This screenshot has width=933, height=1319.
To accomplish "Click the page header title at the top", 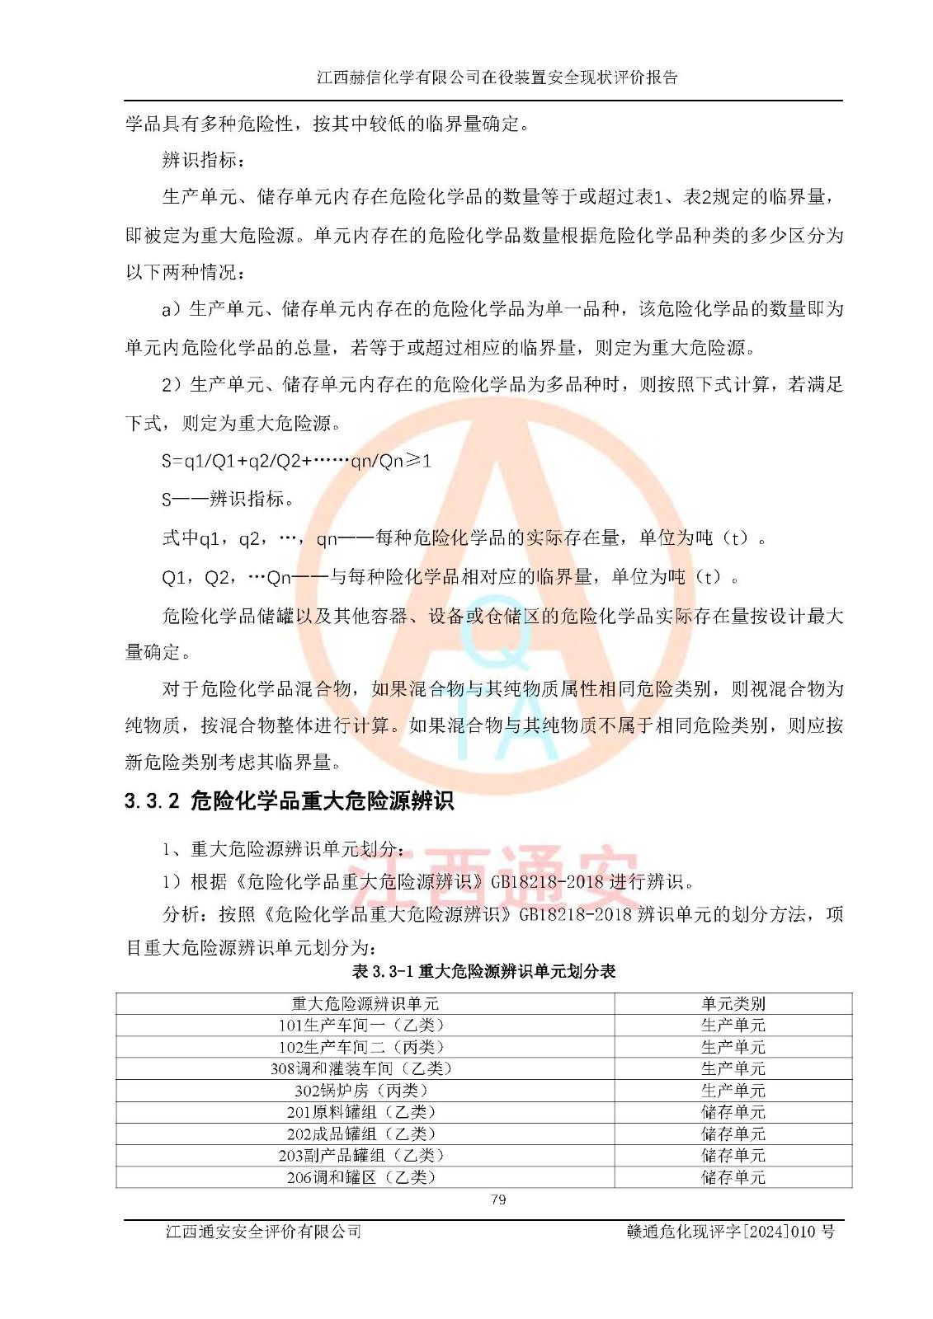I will [x=497, y=77].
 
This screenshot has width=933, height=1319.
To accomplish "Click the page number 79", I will [x=498, y=1199].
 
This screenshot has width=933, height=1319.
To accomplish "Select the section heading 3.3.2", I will [x=289, y=800].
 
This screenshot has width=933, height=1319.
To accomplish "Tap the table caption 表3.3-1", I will [x=483, y=971].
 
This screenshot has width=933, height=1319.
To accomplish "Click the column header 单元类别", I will [x=733, y=1003].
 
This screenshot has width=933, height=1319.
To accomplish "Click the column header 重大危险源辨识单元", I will [x=365, y=1003].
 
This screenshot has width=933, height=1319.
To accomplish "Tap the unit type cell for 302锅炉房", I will [x=733, y=1091].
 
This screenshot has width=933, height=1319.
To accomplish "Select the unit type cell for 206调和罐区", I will [x=733, y=1177].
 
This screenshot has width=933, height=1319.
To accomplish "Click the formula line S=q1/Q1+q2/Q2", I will [x=296, y=461].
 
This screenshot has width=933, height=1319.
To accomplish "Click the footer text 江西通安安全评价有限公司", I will [x=263, y=1232].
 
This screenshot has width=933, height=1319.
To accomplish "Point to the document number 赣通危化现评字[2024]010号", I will [x=730, y=1232].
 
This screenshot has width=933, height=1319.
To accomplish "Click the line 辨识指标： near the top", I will [x=203, y=160].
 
